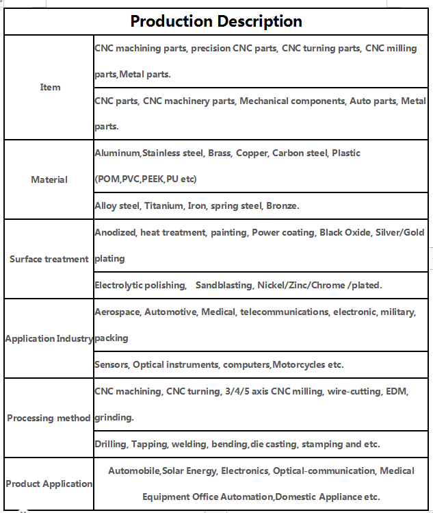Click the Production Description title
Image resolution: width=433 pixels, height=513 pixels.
[x=216, y=21]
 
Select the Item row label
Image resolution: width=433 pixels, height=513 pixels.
[x=50, y=87]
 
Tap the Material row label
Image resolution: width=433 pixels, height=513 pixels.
[x=49, y=179]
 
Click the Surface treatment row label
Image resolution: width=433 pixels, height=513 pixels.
[x=49, y=259]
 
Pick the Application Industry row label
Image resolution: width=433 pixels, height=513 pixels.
[x=49, y=338]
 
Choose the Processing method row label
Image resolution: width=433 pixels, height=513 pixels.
[x=49, y=418]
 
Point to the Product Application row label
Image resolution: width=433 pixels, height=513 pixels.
[x=49, y=484]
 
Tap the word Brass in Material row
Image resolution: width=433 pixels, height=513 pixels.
[x=218, y=153]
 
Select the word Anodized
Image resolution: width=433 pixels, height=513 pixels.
[x=115, y=232]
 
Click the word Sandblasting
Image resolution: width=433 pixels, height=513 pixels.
[x=224, y=285]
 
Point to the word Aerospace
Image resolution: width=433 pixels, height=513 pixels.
[x=118, y=312]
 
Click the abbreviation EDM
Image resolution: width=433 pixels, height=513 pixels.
[x=397, y=391]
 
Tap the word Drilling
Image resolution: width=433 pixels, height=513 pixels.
[x=110, y=444]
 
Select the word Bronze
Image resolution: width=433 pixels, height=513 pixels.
[x=282, y=205]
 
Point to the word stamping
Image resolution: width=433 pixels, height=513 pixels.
[x=322, y=444]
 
